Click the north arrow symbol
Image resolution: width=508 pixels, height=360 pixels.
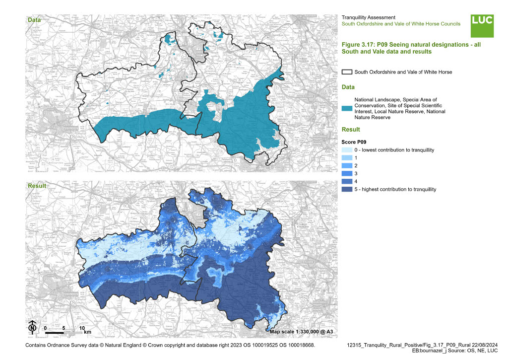32,327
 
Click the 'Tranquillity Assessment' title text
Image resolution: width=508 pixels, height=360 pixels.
368,17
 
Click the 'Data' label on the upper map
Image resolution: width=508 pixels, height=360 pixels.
34,20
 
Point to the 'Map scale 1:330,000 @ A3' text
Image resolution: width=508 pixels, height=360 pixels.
302,331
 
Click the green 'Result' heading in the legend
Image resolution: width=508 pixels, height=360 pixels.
351,130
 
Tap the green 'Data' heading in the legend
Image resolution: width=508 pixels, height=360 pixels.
349,87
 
